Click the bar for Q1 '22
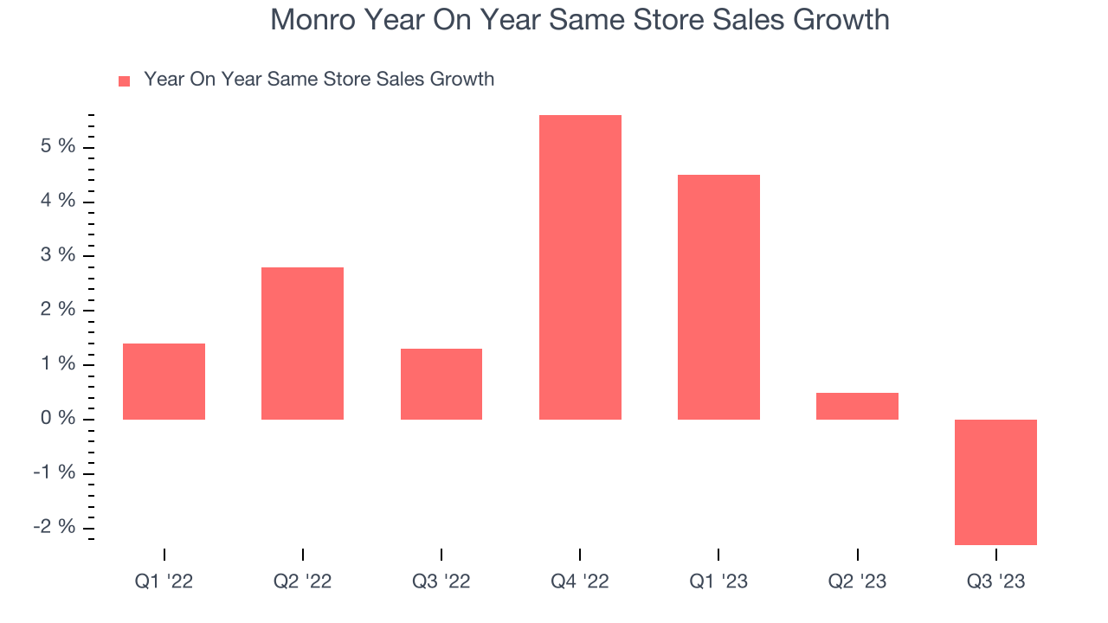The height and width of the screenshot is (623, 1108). [x=164, y=382]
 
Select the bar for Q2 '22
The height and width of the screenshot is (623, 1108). [x=302, y=344]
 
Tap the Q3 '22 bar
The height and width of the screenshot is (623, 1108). [x=441, y=384]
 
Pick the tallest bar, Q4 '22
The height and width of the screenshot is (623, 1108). [x=580, y=267]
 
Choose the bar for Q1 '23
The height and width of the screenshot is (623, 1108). [x=718, y=297]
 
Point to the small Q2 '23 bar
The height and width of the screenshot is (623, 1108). [x=857, y=406]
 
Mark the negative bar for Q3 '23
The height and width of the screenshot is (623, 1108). [x=995, y=482]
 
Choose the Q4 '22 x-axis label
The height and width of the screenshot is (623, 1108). [x=580, y=581]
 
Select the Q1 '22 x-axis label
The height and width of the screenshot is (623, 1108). [x=164, y=581]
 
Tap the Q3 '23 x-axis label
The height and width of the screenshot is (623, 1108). [x=995, y=581]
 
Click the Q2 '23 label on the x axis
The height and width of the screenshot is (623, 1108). [x=857, y=581]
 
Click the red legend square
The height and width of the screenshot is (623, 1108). [x=124, y=80]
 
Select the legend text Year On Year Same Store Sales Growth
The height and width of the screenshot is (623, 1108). [x=319, y=80]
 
